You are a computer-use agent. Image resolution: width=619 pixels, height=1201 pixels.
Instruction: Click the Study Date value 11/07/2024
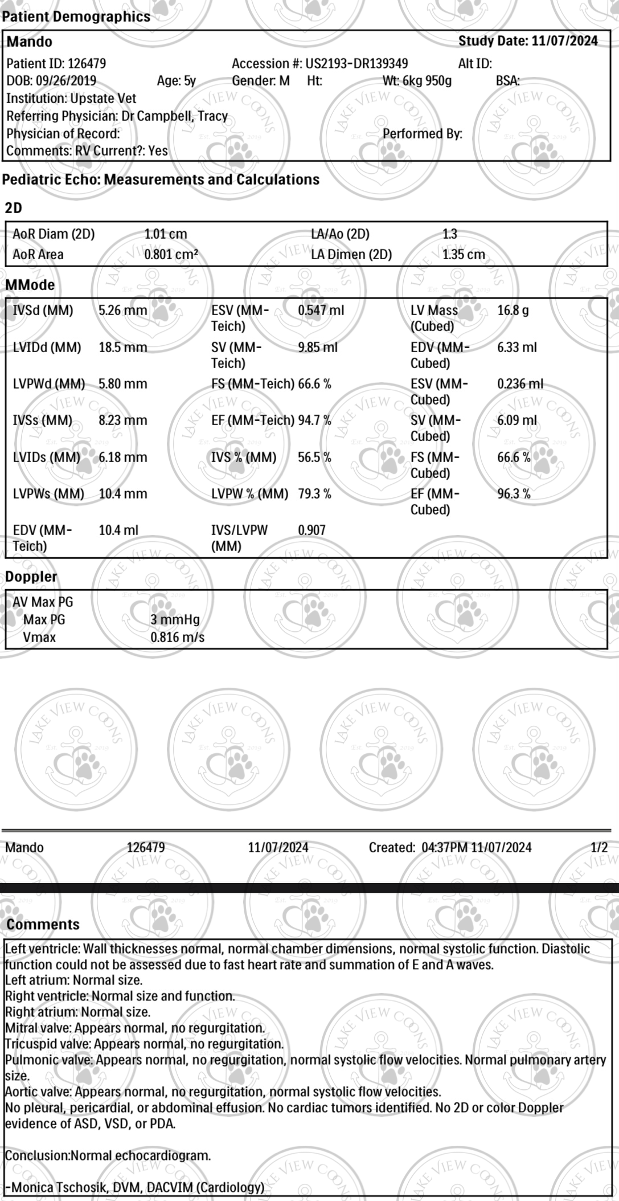pos(564,41)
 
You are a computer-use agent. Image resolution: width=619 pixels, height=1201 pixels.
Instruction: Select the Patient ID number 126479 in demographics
pos(87,64)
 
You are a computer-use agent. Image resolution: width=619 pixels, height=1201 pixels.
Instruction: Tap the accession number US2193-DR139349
pos(356,64)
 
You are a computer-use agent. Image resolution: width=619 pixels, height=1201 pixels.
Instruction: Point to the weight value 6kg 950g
pos(427,81)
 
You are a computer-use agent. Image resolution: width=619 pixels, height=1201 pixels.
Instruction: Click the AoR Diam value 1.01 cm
pos(165,234)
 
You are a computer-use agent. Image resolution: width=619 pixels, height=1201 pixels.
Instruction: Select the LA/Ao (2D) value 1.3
pos(449,234)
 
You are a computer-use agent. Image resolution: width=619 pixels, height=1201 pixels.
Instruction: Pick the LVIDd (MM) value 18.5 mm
pos(122,348)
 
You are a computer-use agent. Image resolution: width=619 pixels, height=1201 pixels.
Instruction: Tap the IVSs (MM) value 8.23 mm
pos(122,420)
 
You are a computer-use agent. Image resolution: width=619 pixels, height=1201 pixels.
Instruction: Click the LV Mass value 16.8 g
pos(513,311)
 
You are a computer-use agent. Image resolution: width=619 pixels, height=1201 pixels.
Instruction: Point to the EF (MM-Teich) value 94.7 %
pos(314,420)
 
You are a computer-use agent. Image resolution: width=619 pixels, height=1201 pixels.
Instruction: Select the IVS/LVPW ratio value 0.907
pos(311,530)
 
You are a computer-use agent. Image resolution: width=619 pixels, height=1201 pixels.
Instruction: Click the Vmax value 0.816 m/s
pos(177,637)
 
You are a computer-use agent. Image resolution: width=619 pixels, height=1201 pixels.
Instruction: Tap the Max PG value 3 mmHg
pos(175,620)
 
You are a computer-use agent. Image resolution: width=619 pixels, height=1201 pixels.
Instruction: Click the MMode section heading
pos(30,285)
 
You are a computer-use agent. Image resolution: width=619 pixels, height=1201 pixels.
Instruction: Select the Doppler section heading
pos(31,577)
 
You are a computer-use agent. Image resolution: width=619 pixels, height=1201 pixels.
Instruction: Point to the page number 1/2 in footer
pos(599,848)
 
